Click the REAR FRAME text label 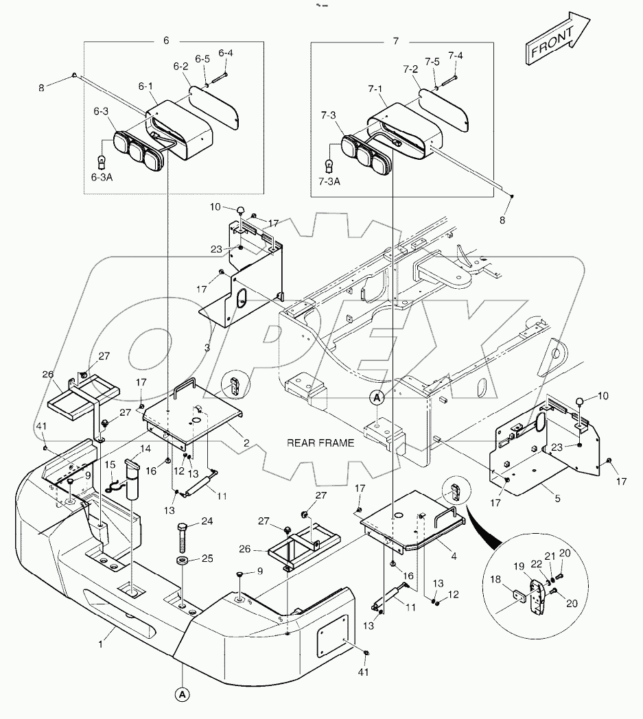(x=320, y=443)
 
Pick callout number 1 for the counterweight (x=102, y=644)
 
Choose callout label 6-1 (x=145, y=86)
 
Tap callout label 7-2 (x=410, y=69)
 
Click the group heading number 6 (x=166, y=40)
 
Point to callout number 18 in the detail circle (x=496, y=580)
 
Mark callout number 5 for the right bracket (x=557, y=499)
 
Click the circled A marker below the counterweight (x=182, y=694)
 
